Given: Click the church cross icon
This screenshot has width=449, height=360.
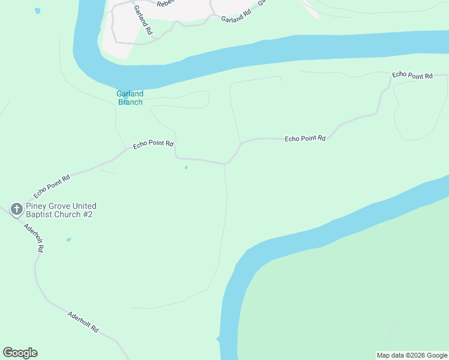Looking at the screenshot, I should tap(17, 209).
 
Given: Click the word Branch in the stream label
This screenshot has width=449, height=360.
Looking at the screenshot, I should tap(130, 102).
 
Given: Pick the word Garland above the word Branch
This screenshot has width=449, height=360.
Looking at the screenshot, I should tap(130, 94).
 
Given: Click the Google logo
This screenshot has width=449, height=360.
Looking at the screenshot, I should tap(20, 353).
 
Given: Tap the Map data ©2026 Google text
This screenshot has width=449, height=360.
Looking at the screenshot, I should tap(411, 355).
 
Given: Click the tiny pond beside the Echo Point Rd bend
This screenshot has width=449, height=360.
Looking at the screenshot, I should tap(186, 167).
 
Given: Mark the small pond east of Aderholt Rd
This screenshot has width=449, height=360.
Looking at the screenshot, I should tap(68, 239).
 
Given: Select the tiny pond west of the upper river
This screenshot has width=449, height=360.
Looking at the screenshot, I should tap(38, 11).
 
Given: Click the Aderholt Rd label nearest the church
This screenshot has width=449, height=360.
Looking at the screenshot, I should tap(34, 237).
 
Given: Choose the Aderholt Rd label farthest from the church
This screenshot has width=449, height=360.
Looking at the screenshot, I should tap(83, 323).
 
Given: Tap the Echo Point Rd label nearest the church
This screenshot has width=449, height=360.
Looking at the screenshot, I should tap(52, 186).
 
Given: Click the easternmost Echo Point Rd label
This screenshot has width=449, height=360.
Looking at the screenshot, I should tap(412, 76).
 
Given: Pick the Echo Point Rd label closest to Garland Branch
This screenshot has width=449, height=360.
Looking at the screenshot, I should tap(153, 144).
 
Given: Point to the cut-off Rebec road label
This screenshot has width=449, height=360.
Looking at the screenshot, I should tap(165, 4).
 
